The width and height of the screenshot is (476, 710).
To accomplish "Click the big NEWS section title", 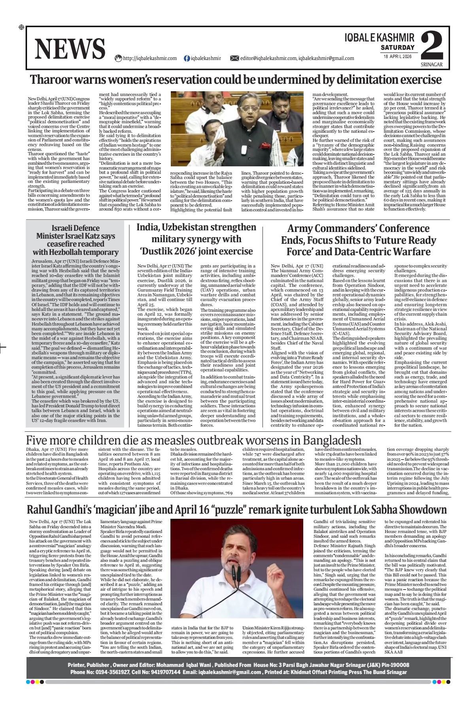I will click(x=70, y=49).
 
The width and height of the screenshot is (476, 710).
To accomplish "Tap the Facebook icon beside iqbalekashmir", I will click(x=187, y=58).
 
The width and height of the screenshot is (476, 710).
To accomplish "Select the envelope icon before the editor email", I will click(x=234, y=58).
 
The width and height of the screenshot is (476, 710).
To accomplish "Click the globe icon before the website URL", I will click(x=118, y=58).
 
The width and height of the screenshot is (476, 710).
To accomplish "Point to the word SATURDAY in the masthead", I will click(x=398, y=47).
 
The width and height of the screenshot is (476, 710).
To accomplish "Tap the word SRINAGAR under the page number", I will click(x=432, y=64).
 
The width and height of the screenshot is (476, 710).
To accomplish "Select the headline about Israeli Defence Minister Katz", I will click(x=76, y=240).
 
